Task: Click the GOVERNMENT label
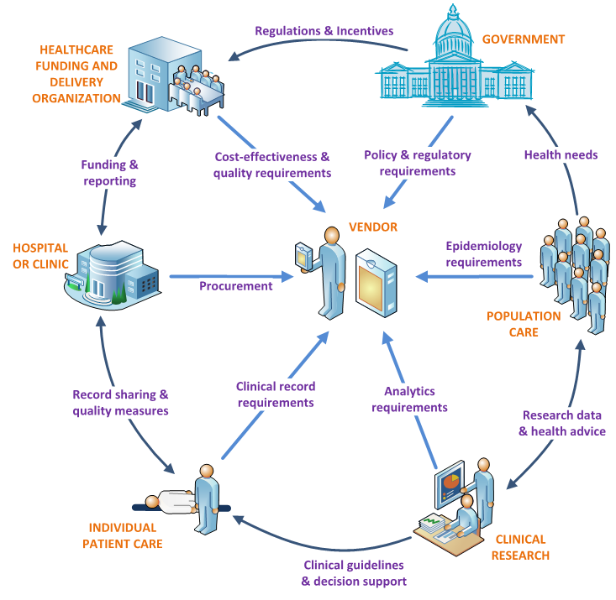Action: pyautogui.click(x=523, y=39)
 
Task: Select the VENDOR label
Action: pyautogui.click(x=374, y=227)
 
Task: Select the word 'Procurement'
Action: pyautogui.click(x=235, y=285)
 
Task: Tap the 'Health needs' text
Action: pyautogui.click(x=561, y=154)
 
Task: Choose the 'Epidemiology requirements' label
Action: pyautogui.click(x=483, y=254)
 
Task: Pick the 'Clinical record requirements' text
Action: pyautogui.click(x=275, y=394)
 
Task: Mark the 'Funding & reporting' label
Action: pyautogui.click(x=108, y=173)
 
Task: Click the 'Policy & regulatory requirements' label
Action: pyautogui.click(x=417, y=163)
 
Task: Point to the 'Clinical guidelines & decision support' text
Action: pyautogui.click(x=354, y=572)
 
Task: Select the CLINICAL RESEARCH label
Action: pyautogui.click(x=520, y=547)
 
